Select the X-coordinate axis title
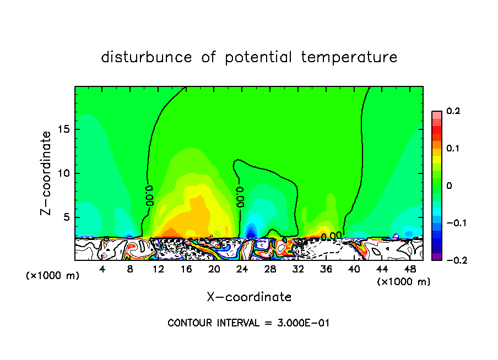pos(249,297)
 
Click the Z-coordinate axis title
pos(47,173)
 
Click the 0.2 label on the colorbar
pos(453,111)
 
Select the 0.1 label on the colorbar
pos(453,149)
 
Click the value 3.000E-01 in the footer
pos(303,323)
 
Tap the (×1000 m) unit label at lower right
pos(403,282)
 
